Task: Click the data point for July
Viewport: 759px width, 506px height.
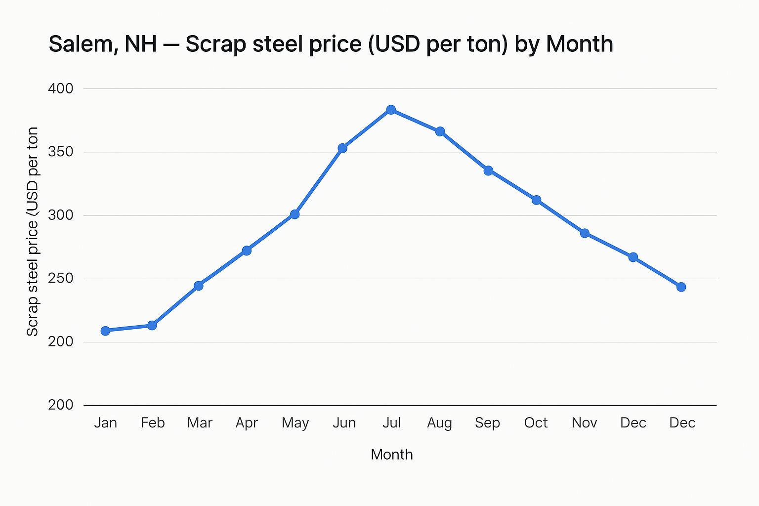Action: point(391,110)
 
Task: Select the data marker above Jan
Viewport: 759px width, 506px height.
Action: point(105,331)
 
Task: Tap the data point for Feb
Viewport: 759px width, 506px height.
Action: point(152,325)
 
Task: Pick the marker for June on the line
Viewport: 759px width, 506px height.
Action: point(342,148)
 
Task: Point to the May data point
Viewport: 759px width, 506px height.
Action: point(295,214)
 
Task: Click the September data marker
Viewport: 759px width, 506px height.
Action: point(488,170)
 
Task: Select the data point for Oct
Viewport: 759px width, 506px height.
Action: point(536,200)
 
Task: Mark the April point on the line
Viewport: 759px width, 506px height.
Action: point(247,251)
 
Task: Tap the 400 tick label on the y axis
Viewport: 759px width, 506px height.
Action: point(60,89)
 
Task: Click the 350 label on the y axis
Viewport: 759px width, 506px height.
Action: point(60,152)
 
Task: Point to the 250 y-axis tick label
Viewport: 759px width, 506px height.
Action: point(60,279)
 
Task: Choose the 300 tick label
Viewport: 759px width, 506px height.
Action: point(60,215)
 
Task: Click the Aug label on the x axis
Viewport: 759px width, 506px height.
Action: point(439,423)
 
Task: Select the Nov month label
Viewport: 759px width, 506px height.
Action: point(584,423)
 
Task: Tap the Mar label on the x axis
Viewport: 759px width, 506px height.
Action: point(200,423)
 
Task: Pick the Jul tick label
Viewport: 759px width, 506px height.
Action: point(391,423)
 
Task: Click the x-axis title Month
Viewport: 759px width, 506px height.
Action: point(391,455)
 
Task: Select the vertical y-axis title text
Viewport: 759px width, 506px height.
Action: point(33,231)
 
